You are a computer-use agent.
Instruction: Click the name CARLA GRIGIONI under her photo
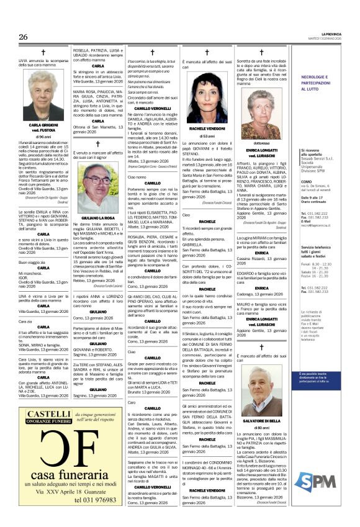[x=43, y=125]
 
